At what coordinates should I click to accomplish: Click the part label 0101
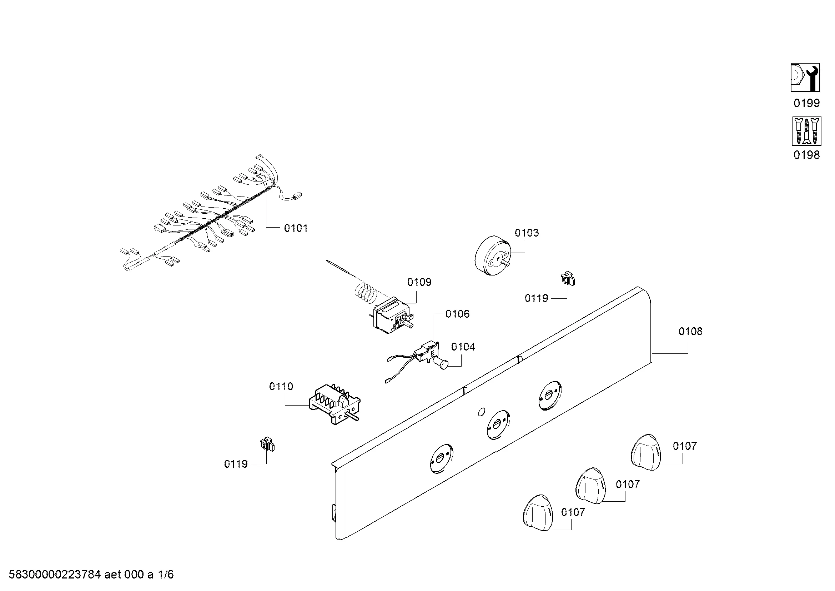[x=296, y=228]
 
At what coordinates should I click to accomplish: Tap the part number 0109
[x=419, y=282]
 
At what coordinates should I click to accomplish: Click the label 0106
[x=458, y=314]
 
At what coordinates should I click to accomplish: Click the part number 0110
[x=281, y=387]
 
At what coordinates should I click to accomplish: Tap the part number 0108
[x=690, y=331]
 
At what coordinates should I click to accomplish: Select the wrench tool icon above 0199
[x=805, y=78]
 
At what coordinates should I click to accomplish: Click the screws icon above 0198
[x=806, y=131]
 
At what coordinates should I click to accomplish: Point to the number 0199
[x=807, y=103]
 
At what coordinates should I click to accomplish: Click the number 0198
[x=807, y=155]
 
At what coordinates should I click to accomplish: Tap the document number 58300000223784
[x=55, y=575]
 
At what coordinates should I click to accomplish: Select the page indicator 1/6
[x=166, y=575]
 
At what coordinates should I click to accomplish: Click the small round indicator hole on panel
[x=481, y=412]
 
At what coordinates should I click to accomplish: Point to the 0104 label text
[x=463, y=347]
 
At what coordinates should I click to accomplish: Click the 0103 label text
[x=527, y=233]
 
